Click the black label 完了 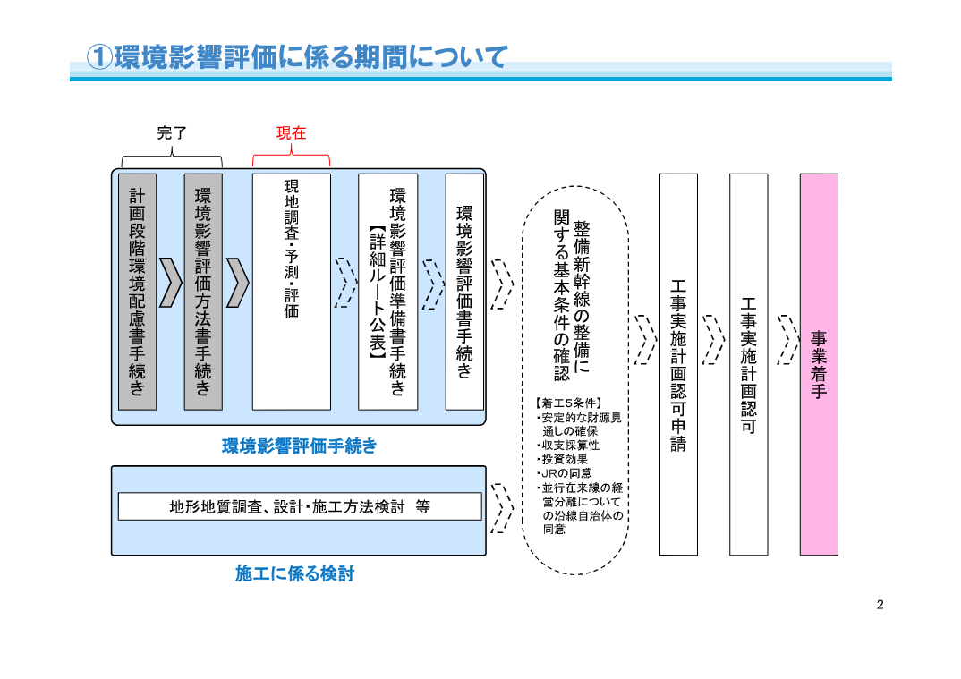pyautogui.click(x=172, y=133)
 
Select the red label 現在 pyautogui.click(x=291, y=133)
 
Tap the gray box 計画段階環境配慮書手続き pyautogui.click(x=137, y=292)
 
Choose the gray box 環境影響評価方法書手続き pyautogui.click(x=203, y=292)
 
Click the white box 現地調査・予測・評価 pyautogui.click(x=292, y=292)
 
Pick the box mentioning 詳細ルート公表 pyautogui.click(x=387, y=292)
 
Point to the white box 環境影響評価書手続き pyautogui.click(x=464, y=292)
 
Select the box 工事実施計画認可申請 pyautogui.click(x=678, y=364)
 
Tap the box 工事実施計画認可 pyautogui.click(x=748, y=364)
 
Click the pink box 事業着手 pyautogui.click(x=819, y=364)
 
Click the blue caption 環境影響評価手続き pyautogui.click(x=299, y=446)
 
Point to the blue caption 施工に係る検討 pyautogui.click(x=294, y=573)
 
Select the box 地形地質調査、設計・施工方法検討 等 pyautogui.click(x=300, y=506)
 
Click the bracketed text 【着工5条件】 pyautogui.click(x=562, y=403)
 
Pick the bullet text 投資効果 pyautogui.click(x=562, y=459)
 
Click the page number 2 pyautogui.click(x=880, y=605)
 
